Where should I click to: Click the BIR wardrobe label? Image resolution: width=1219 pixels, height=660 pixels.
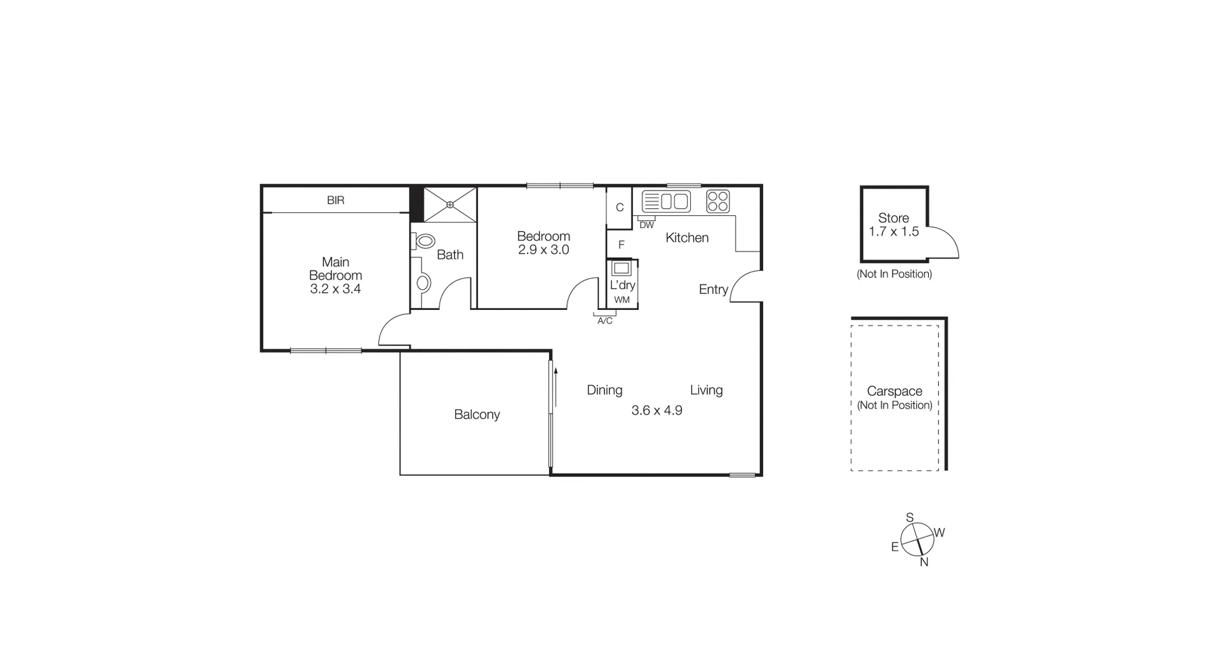[x=335, y=200]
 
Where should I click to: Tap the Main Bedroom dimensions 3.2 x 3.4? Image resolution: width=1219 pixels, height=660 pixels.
[x=335, y=289]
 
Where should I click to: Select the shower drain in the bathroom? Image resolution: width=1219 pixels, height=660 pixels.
[x=450, y=205]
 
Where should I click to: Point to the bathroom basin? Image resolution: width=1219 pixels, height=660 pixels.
[x=423, y=283]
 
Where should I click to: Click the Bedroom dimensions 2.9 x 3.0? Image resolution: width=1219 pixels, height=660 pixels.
[x=543, y=250]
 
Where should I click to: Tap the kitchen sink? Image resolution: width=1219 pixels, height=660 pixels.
[x=666, y=201]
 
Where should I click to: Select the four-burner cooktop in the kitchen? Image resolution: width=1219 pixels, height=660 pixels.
[x=718, y=201]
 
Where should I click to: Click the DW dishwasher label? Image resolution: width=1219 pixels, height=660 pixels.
[x=646, y=225]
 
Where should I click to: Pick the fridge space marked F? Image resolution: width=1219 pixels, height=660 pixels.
[x=621, y=245]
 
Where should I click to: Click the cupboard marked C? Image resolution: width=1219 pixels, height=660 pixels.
[x=620, y=207]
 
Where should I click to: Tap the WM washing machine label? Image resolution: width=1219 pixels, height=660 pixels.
[x=622, y=300]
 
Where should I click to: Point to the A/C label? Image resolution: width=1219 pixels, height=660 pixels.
[x=605, y=321]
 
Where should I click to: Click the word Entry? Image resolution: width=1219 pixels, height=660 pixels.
[x=713, y=290]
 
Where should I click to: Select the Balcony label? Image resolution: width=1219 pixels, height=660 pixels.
[x=477, y=415]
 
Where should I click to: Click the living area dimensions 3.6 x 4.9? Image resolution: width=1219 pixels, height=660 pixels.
[x=656, y=410]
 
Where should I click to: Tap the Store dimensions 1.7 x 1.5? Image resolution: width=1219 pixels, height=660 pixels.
[x=893, y=232]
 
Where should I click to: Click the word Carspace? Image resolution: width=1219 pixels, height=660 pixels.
[x=895, y=391]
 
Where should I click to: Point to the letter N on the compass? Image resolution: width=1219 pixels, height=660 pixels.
[x=924, y=562]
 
